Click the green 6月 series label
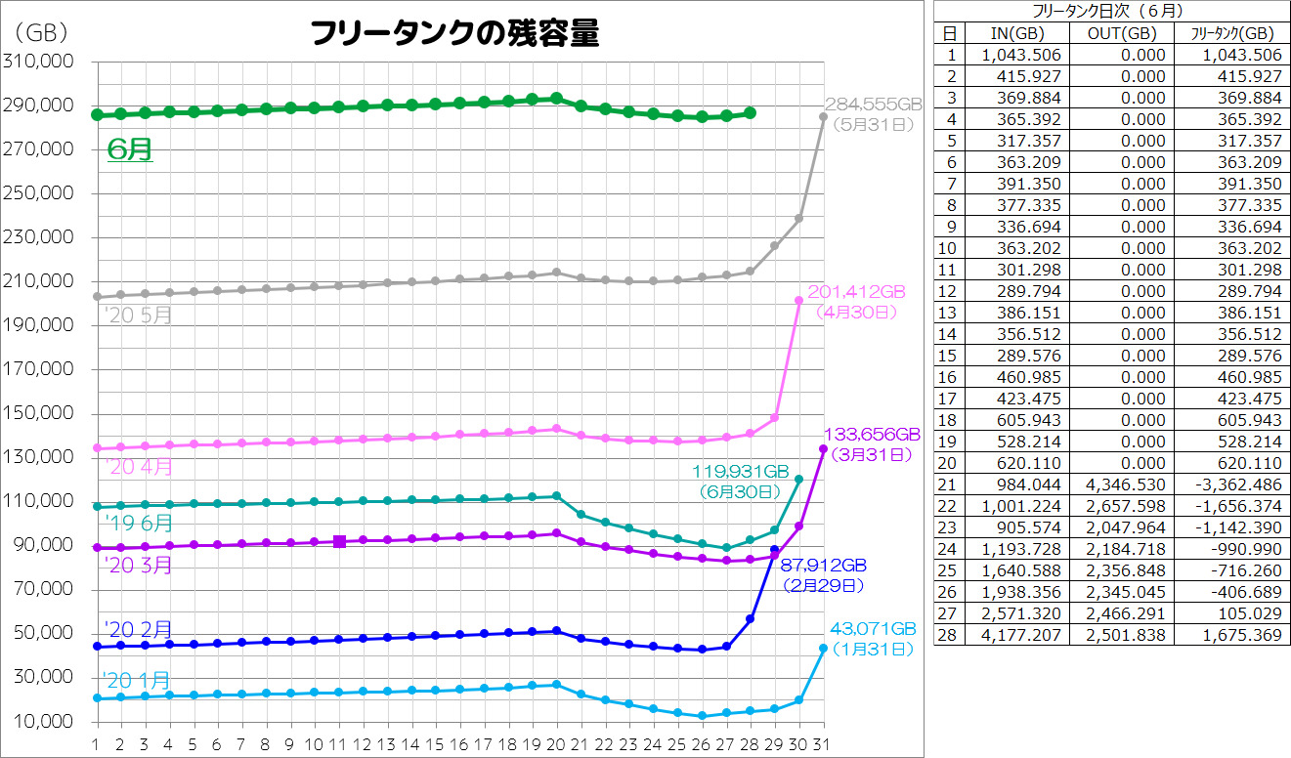[x=130, y=149]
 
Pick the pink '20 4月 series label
[x=138, y=467]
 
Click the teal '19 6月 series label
[x=138, y=523]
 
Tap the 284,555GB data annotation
[x=874, y=104]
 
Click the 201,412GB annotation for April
[x=857, y=292]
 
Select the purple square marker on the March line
[x=339, y=541]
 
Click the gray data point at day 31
[x=823, y=116]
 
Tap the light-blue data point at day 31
[x=823, y=648]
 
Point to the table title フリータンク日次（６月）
[x=1110, y=12]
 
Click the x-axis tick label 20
[x=557, y=744]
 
